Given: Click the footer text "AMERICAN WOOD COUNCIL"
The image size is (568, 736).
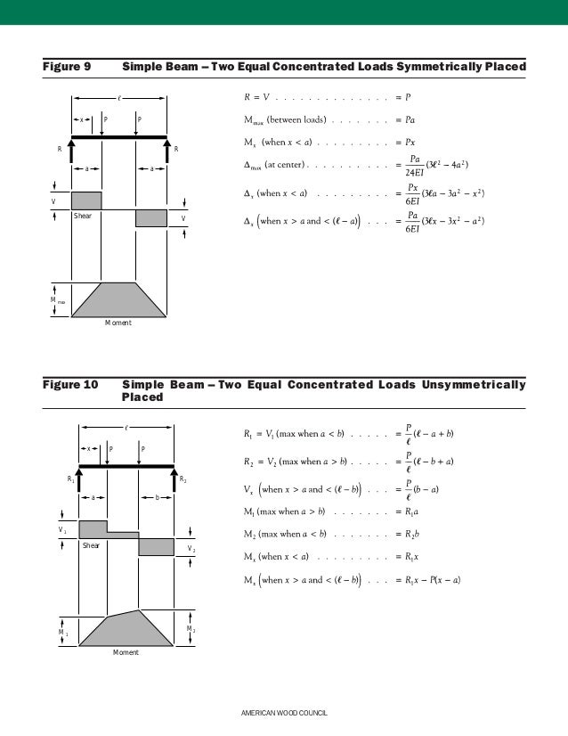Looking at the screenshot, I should (x=284, y=715).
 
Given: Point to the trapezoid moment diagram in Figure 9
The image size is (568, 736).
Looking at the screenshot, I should (x=118, y=299).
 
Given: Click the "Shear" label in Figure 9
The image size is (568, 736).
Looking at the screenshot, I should (x=83, y=216).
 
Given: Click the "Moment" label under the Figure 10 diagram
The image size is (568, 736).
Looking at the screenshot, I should (x=126, y=652).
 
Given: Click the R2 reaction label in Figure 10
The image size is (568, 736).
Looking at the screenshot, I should (x=183, y=479).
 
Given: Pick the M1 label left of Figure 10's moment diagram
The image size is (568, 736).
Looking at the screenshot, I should (x=62, y=632).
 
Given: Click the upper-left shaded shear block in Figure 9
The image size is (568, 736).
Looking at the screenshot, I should (x=86, y=200).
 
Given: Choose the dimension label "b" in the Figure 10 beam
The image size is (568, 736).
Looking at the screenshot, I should (x=157, y=497).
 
